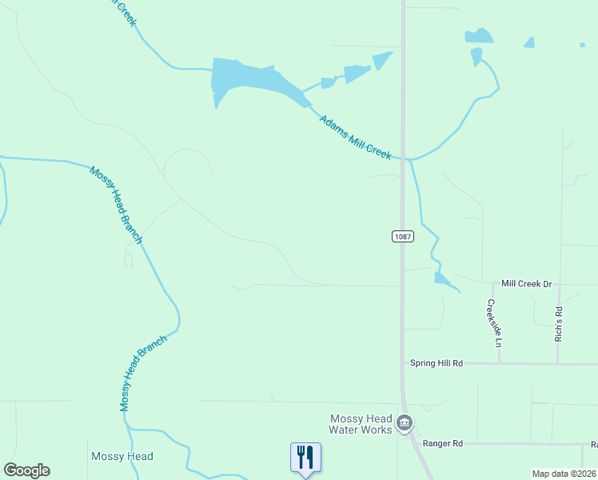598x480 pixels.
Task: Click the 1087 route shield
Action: (x=402, y=237)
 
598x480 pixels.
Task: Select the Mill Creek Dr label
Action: (x=527, y=284)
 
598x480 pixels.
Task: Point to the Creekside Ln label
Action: (x=493, y=322)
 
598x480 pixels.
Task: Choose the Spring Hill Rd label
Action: (x=437, y=363)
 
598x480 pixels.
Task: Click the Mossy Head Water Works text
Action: (x=361, y=424)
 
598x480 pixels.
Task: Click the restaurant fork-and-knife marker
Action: (x=305, y=458)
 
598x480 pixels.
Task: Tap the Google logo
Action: (x=26, y=470)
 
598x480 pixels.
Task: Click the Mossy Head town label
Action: (x=122, y=457)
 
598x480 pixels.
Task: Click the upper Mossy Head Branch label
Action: (x=116, y=204)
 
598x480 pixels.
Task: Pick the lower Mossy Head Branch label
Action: (x=143, y=374)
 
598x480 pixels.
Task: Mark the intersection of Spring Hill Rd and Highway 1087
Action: (x=403, y=364)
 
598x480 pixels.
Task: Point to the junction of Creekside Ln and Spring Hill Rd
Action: (x=500, y=364)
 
